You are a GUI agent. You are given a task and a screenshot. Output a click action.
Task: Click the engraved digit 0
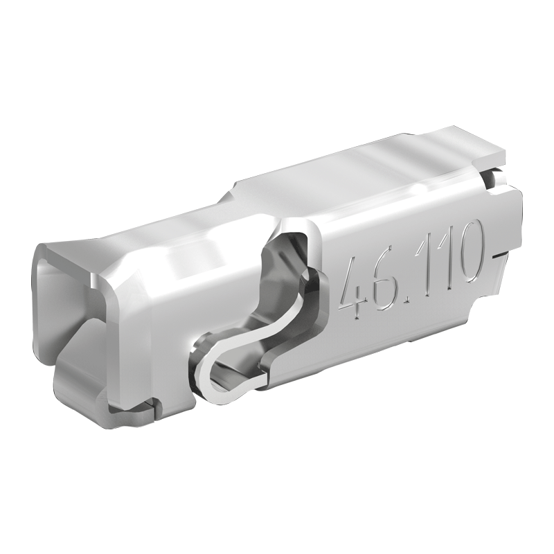[x=468, y=250]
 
